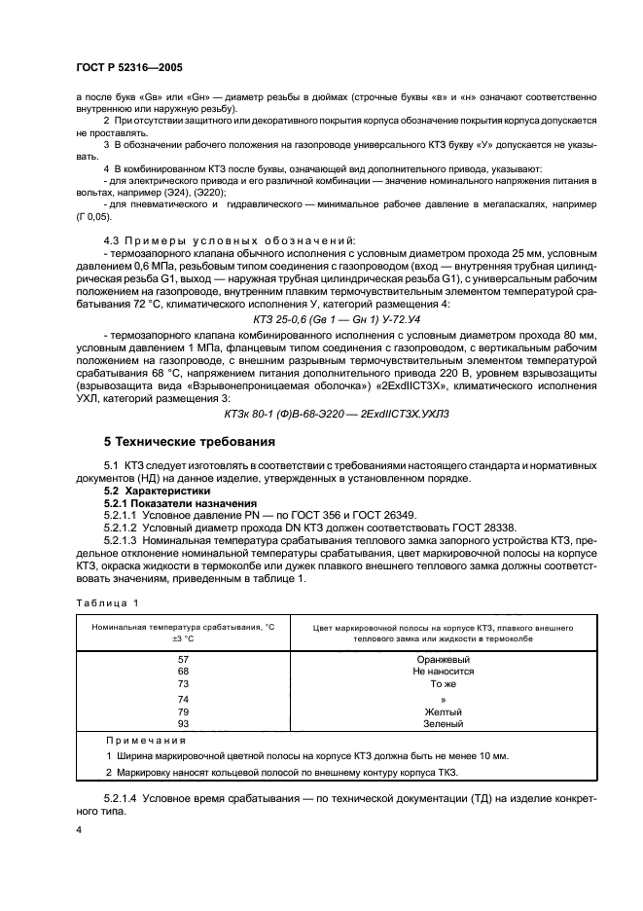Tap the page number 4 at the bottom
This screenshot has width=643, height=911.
[x=80, y=830]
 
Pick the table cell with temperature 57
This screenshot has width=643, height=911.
[x=183, y=659]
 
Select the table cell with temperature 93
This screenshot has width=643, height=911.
[x=183, y=723]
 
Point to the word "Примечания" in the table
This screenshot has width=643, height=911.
[x=138, y=740]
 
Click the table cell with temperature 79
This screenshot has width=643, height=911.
[x=183, y=711]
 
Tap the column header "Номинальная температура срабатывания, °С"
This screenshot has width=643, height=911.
[x=184, y=628]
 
